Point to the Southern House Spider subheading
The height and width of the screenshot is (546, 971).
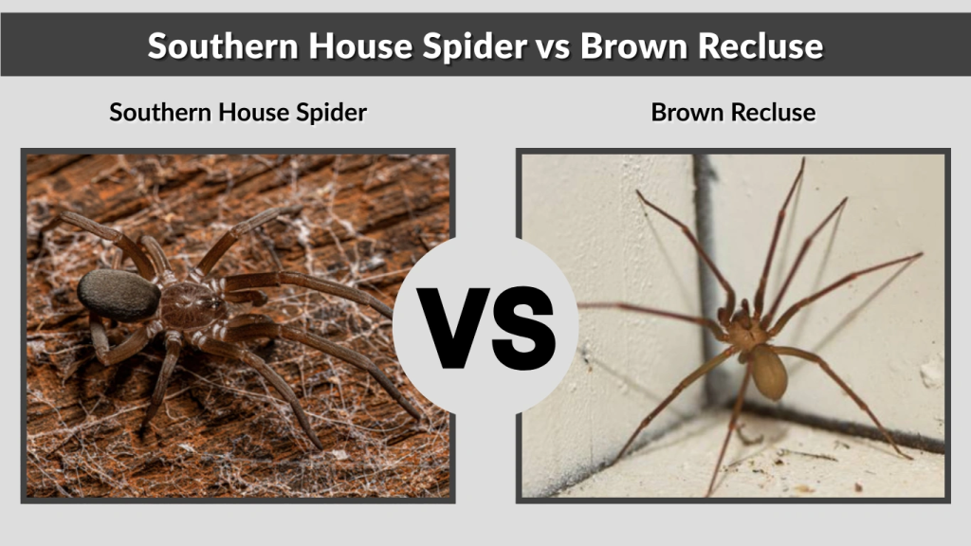(x=238, y=113)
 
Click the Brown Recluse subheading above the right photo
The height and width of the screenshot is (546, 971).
(x=733, y=113)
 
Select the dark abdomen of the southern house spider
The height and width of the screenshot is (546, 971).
(x=119, y=295)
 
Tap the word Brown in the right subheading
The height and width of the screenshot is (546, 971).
(x=687, y=113)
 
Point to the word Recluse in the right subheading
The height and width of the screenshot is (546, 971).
(x=773, y=113)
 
